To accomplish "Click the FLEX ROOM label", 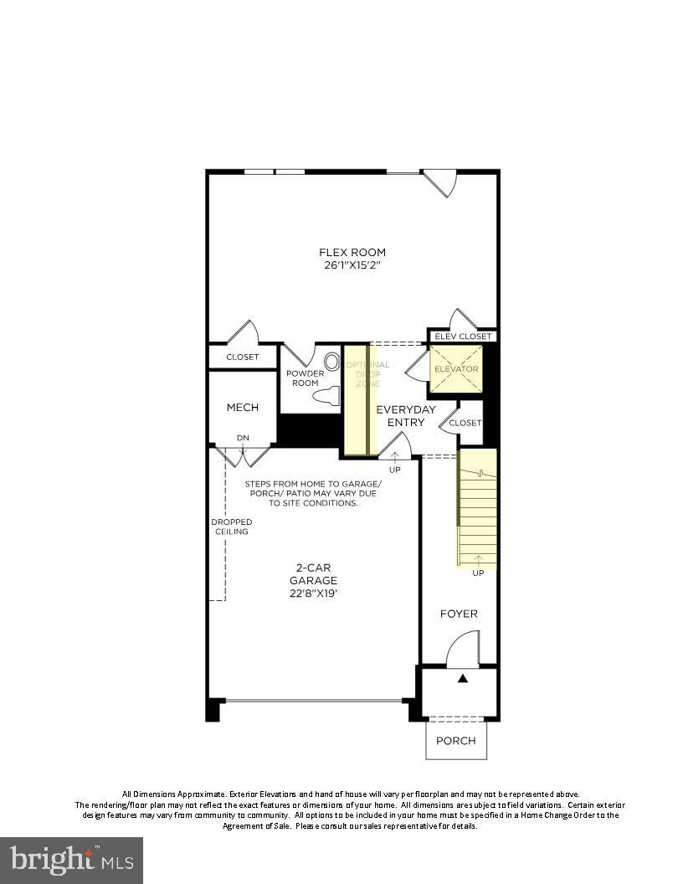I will coord(352,252).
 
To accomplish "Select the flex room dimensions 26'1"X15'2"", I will coord(352,265).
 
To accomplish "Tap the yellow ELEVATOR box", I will coord(456,369).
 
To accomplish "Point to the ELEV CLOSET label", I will coord(463,337).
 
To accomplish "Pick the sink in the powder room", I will coord(332,362).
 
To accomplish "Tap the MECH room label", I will coord(242,408).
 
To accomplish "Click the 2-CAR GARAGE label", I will coord(313,573).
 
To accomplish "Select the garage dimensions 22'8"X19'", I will coord(313,594).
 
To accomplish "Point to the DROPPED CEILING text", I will coord(231,527).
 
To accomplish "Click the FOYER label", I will coord(459,614).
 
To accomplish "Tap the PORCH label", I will coord(456,740).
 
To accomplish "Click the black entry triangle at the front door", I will coord(463,679).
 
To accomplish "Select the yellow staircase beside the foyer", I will coord(477,508).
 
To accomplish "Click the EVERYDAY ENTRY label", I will coord(406,416).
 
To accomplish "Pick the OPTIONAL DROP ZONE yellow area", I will coord(361,399).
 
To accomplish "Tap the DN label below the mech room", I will coord(243,438).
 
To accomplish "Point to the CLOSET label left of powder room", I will coord(243,357).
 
